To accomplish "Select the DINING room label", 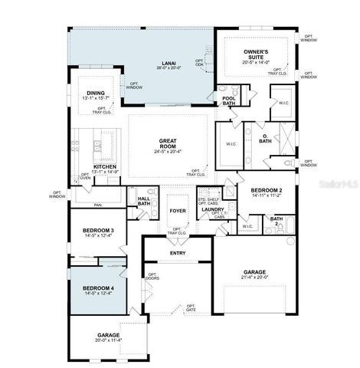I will pos(96,92).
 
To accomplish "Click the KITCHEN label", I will pos(105,166).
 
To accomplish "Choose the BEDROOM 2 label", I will pos(266,189).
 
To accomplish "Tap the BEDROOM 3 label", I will pos(99,230).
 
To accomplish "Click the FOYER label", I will pos(178,209).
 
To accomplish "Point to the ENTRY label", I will pos(178,252).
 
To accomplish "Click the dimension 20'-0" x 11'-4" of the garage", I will pos(107,340).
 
